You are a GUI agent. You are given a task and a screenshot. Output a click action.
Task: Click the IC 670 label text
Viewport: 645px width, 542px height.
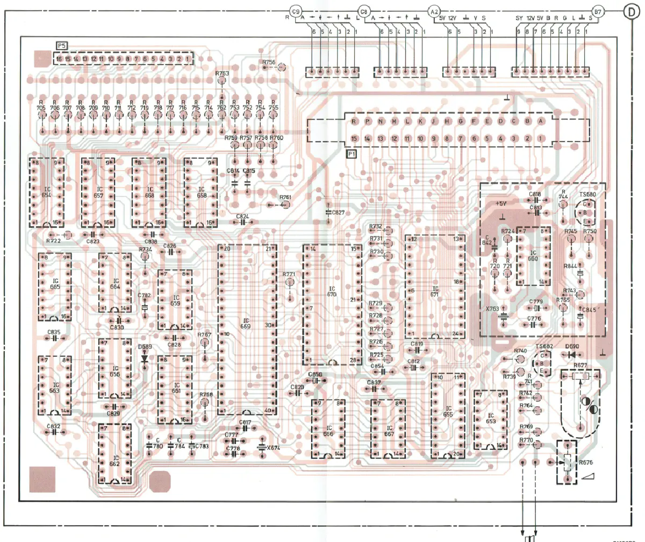click(x=332, y=292)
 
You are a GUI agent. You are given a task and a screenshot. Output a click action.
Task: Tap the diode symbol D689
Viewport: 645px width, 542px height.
click(x=144, y=358)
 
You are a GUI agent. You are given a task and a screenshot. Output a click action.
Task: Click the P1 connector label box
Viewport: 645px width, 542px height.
click(x=352, y=154)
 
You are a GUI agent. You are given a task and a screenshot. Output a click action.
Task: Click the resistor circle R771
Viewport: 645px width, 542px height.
click(x=290, y=282)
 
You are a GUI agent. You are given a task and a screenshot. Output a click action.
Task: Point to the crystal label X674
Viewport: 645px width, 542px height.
click(x=274, y=448)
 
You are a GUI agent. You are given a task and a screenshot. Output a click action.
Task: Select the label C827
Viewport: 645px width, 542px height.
click(x=338, y=213)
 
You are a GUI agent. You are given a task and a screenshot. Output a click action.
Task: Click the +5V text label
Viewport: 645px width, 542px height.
click(x=501, y=205)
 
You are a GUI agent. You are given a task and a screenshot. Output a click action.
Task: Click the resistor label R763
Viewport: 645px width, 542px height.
click(x=222, y=73)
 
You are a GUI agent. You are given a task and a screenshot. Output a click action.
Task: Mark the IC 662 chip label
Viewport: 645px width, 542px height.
click(x=114, y=457)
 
